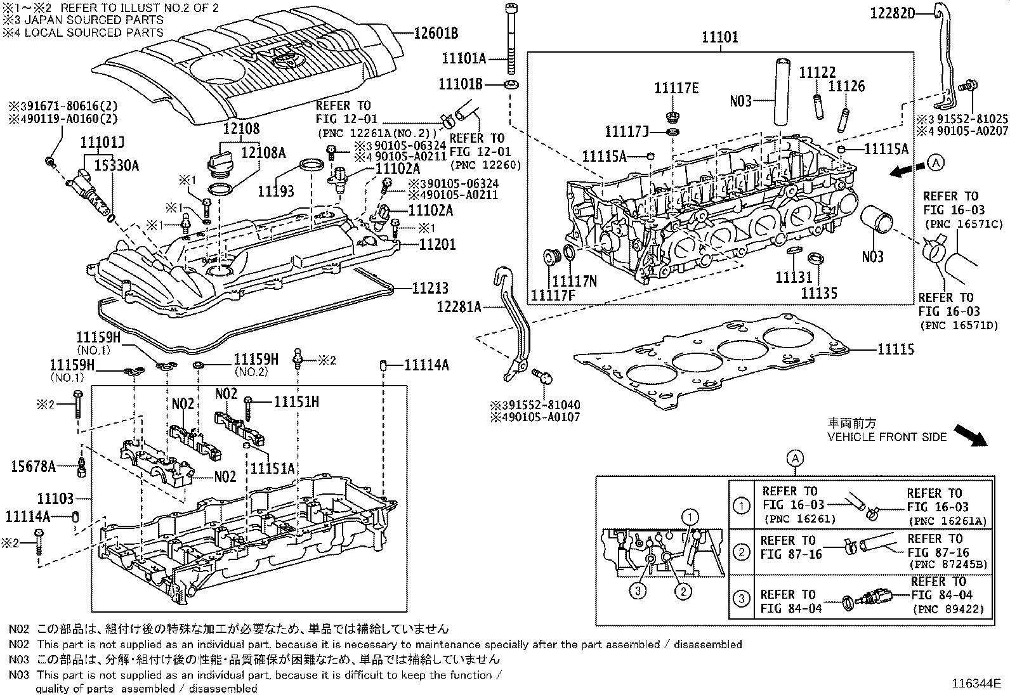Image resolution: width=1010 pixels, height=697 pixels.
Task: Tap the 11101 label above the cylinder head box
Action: click(x=719, y=37)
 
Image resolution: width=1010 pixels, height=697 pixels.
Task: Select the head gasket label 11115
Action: click(x=896, y=349)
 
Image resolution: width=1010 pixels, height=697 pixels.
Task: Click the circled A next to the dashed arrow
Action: click(x=936, y=163)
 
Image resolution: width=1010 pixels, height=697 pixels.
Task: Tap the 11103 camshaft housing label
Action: click(x=55, y=499)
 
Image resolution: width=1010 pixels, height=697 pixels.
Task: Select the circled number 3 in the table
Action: click(x=740, y=598)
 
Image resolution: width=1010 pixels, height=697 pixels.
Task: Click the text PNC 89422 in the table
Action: click(x=949, y=609)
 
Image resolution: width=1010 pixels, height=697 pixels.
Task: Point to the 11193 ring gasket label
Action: click(x=276, y=190)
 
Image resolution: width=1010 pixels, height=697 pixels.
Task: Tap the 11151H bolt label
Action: click(x=296, y=401)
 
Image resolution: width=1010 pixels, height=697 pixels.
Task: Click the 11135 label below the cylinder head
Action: click(x=818, y=293)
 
